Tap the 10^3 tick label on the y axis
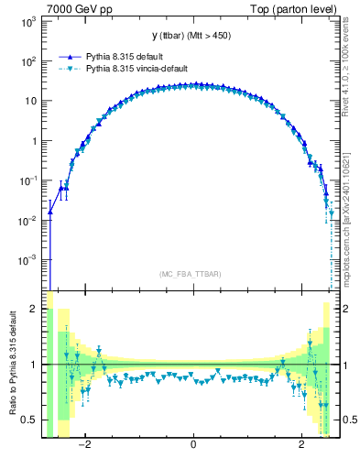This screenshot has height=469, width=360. pyautogui.click(x=29, y=21)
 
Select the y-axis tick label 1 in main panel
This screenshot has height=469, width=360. pyautogui.click(x=36, y=141)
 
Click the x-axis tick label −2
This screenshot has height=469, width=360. pyautogui.click(x=84, y=446)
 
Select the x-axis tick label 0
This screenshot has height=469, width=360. pyautogui.click(x=193, y=446)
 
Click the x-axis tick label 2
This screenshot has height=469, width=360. pyautogui.click(x=302, y=446)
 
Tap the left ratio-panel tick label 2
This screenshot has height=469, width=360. pyautogui.click(x=36, y=310)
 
